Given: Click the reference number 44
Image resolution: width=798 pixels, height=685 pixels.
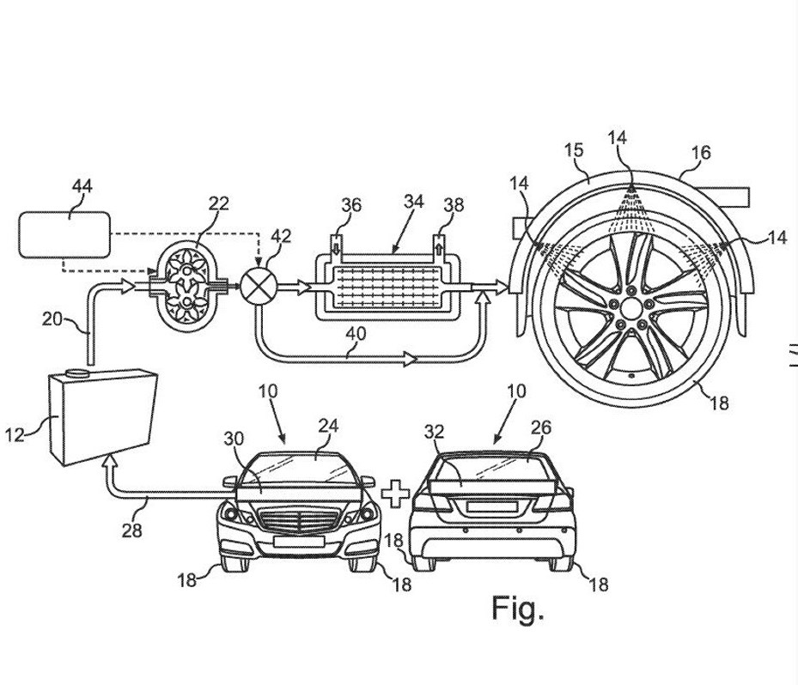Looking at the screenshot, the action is coord(82,186).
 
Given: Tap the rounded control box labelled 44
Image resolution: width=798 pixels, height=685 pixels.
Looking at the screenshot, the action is coord(64,234).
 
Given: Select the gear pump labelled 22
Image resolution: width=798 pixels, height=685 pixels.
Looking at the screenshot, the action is coord(187,288).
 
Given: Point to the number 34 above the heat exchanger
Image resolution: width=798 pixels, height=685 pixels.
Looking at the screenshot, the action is coord(414,202).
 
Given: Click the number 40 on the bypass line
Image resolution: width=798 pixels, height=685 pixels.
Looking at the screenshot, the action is coord(356,334).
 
